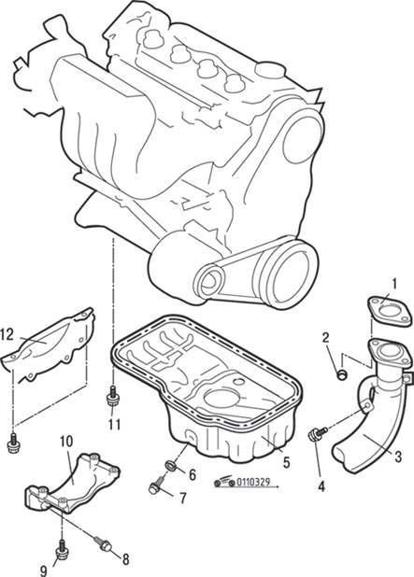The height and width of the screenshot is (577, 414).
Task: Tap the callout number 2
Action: pyautogui.click(x=325, y=337)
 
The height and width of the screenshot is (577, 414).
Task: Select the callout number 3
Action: pyautogui.click(x=397, y=457)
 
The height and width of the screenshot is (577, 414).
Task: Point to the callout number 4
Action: pyautogui.click(x=321, y=486)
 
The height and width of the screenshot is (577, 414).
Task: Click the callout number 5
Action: pyautogui.click(x=287, y=462)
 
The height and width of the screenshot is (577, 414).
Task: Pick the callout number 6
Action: pyautogui.click(x=193, y=474)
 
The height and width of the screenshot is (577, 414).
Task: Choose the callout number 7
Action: pyautogui.click(x=182, y=499)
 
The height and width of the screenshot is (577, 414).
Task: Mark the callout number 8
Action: pyautogui.click(x=125, y=559)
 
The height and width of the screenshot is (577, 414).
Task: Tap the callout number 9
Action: pyautogui.click(x=44, y=570)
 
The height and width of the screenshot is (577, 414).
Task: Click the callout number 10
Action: pyautogui.click(x=66, y=441)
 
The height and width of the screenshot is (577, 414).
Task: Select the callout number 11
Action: pyautogui.click(x=114, y=425)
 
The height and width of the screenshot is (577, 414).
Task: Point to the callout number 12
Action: pyautogui.click(x=7, y=334)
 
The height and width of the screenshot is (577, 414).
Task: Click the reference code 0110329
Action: pyautogui.click(x=253, y=482)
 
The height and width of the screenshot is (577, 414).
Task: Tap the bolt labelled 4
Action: pyautogui.click(x=317, y=433)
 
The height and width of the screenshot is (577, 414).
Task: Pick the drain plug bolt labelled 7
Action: pyautogui.click(x=156, y=486)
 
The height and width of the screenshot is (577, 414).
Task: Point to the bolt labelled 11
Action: pyautogui.click(x=112, y=395)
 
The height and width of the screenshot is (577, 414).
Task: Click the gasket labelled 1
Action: pyautogui.click(x=390, y=311)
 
